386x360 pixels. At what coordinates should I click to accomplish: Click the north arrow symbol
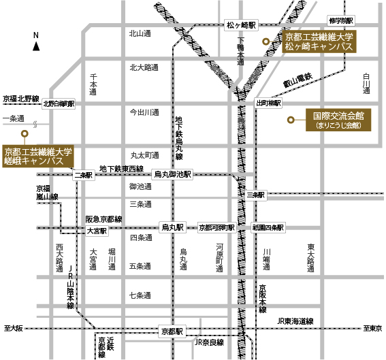click(x=36, y=46)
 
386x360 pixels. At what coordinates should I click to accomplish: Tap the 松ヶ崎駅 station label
click(x=242, y=24)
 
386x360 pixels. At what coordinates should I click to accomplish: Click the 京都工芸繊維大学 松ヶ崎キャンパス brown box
click(x=320, y=42)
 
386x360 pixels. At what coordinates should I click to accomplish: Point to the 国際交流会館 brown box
click(x=338, y=120)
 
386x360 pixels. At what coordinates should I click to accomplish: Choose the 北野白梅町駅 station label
click(x=59, y=104)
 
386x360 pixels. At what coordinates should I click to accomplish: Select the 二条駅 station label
click(x=82, y=175)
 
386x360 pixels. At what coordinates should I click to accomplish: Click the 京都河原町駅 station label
click(x=216, y=227)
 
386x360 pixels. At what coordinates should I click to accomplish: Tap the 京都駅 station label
click(x=172, y=331)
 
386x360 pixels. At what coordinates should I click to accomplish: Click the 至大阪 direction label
click(x=14, y=328)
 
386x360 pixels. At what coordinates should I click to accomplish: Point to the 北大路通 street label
click(x=144, y=67)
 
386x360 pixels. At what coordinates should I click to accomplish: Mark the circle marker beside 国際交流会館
click(x=291, y=120)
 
